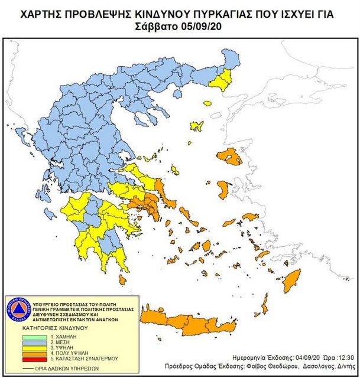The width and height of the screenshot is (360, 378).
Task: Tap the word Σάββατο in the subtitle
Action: click(x=160, y=27)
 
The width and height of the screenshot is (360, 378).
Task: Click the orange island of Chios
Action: click(x=224, y=189)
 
